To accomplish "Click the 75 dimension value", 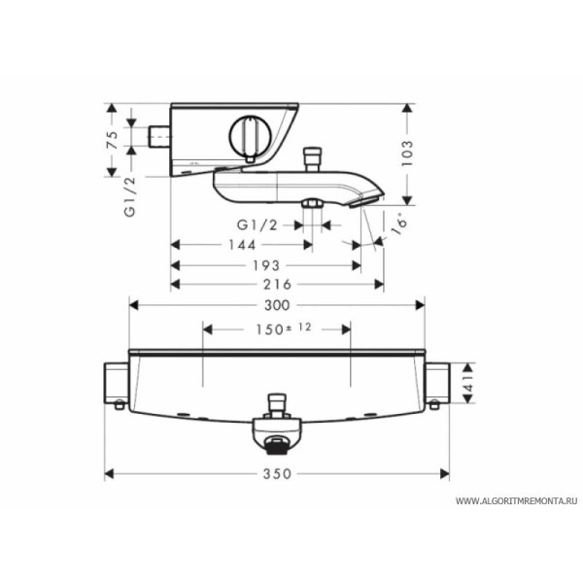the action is [x=113, y=140].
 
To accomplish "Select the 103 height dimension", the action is [x=407, y=154].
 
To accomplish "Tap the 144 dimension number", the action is [x=242, y=245].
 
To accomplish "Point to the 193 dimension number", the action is [x=266, y=265].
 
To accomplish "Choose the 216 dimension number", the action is [x=277, y=285].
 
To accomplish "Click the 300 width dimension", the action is [x=277, y=305].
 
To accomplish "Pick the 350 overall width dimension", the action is [x=277, y=474].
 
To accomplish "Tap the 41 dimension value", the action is [x=468, y=384].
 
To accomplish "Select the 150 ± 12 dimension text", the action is [x=284, y=329].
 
